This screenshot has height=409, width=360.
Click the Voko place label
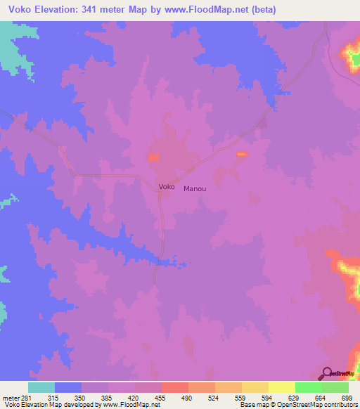pyautogui.click(x=167, y=187)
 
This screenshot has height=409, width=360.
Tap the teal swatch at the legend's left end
pyautogui.click(x=41, y=387)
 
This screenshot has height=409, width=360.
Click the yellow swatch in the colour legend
pyautogui.click(x=281, y=387)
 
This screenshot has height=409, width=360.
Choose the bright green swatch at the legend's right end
pyautogui.click(x=335, y=387)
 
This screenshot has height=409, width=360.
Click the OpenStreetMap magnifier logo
pyautogui.click(x=327, y=373)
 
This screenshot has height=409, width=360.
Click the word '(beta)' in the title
pyautogui.click(x=260, y=10)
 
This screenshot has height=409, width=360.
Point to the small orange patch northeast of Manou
pyautogui.click(x=241, y=154)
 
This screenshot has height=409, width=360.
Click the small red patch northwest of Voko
pyautogui.click(x=153, y=157)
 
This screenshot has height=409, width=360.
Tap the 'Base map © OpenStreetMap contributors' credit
pyautogui.click(x=298, y=405)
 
